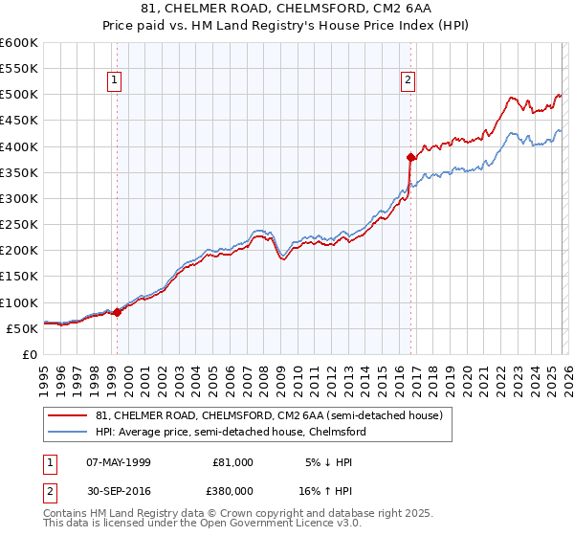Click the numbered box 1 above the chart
click(x=114, y=81)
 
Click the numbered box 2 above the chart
click(x=408, y=81)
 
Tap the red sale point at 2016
click(x=410, y=157)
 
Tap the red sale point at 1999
click(x=117, y=312)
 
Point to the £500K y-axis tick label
click(x=19, y=95)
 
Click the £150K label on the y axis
click(x=19, y=277)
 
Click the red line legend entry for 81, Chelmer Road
click(x=269, y=416)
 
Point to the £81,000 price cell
click(x=232, y=462)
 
